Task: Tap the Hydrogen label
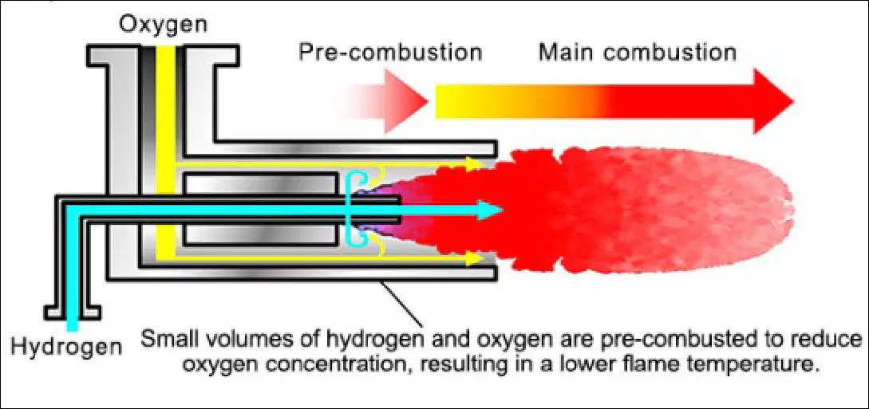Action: pyautogui.click(x=66, y=347)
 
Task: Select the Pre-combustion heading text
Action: pyautogui.click(x=390, y=53)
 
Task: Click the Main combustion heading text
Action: pyautogui.click(x=638, y=53)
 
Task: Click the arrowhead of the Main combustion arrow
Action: pyautogui.click(x=773, y=101)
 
